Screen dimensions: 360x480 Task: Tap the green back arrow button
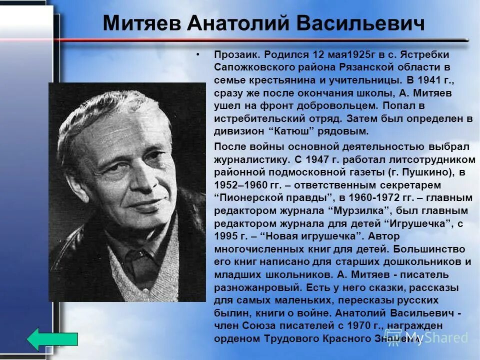(x=52, y=338)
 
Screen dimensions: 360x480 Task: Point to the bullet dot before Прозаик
(x=198, y=53)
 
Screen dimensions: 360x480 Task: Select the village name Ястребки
(x=426, y=53)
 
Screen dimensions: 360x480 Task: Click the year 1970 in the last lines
(x=364, y=326)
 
